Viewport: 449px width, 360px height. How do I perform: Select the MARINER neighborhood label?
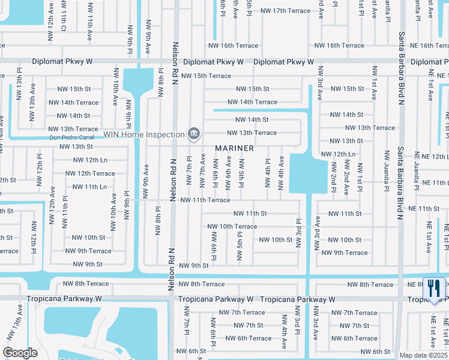235,148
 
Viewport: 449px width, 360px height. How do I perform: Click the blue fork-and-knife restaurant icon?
434,289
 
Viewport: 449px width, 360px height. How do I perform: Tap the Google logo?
20,353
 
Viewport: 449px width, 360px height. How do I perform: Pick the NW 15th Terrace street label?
206,76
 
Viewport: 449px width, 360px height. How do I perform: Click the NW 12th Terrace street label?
89,173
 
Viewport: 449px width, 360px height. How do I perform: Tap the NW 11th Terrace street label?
205,200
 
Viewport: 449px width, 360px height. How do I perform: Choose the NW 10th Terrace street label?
232,226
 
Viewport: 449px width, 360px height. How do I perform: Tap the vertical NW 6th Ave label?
228,170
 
